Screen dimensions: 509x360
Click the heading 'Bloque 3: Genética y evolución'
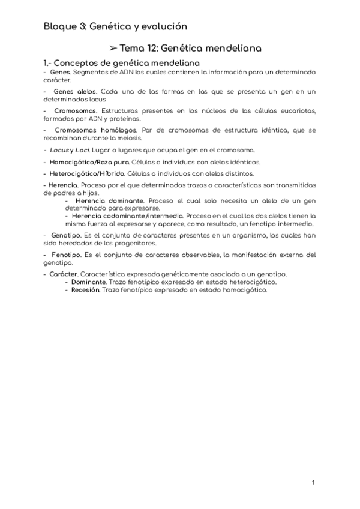click(x=115, y=26)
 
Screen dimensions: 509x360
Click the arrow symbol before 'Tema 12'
click(x=112, y=47)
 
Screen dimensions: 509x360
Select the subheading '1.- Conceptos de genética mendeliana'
click(x=121, y=62)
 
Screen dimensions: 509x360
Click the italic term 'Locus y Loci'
click(x=68, y=150)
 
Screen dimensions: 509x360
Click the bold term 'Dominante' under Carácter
click(x=89, y=282)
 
